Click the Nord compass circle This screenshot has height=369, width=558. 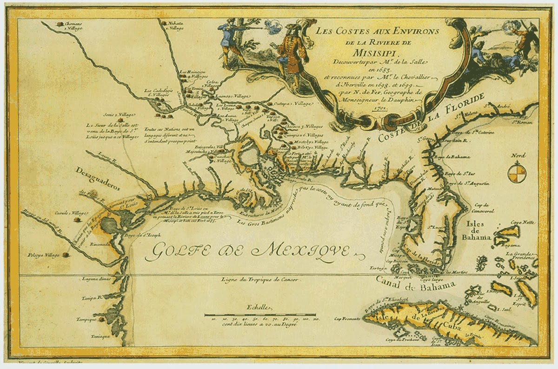pyautogui.click(x=517, y=172)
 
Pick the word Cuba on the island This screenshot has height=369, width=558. pyautogui.click(x=447, y=324)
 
